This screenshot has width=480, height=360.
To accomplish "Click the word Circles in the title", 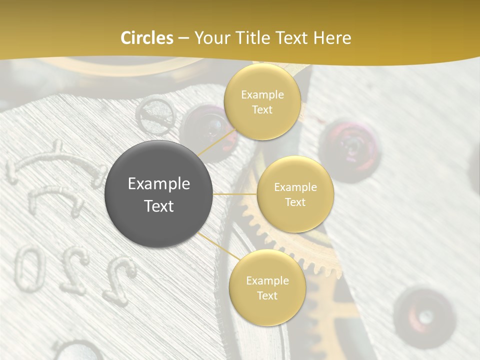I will coord(147,38).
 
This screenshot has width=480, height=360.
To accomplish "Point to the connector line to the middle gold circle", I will coord(235,194).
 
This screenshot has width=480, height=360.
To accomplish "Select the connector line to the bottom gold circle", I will coord(216,246).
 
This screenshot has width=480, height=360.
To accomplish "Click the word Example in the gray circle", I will coord(159,184).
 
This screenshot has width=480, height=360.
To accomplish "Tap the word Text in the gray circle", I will coord(159,206).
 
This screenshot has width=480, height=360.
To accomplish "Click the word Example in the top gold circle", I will coord(262,94).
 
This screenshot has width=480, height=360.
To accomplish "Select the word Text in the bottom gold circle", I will coord(267,295).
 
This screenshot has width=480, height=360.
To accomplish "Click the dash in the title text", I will coord(184,38).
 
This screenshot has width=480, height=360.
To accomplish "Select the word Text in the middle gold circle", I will coord(295,202).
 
